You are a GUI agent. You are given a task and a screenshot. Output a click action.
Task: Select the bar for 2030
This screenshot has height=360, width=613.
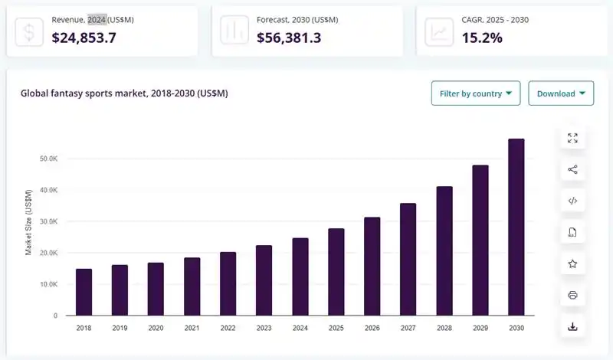516,227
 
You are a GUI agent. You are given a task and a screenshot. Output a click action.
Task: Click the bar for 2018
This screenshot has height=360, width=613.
84,292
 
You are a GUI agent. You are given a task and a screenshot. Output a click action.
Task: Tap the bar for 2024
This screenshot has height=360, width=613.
300,277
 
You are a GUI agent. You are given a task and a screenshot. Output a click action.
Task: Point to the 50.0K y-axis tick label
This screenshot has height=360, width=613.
48,159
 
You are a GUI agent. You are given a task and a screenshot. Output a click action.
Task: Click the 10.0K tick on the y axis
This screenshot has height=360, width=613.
48,284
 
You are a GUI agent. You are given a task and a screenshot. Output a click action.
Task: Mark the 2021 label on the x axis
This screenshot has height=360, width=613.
192,327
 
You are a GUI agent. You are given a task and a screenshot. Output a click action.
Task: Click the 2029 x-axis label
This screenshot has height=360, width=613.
480,327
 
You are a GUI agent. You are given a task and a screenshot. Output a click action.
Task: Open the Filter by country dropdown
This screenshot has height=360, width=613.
476,93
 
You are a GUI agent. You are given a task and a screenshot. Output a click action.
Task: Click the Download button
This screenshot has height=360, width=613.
561,93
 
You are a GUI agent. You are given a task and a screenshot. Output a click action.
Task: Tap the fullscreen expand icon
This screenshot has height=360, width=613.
572,138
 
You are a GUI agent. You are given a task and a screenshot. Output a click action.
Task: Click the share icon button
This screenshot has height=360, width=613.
572,169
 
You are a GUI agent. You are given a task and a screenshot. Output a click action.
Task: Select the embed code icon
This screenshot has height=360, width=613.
572,201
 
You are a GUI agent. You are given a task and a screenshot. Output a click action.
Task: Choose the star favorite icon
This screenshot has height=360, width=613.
572,263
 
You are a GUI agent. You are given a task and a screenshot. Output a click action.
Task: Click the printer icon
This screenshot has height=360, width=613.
572,295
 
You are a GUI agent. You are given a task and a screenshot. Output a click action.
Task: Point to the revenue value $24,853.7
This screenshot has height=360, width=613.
84,37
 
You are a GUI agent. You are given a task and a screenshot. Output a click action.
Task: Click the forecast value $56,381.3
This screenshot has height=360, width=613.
289,37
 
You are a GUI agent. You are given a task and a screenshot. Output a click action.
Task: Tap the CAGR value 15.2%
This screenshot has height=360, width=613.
482,37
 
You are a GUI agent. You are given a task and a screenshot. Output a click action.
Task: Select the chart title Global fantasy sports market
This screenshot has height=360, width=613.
123,93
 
